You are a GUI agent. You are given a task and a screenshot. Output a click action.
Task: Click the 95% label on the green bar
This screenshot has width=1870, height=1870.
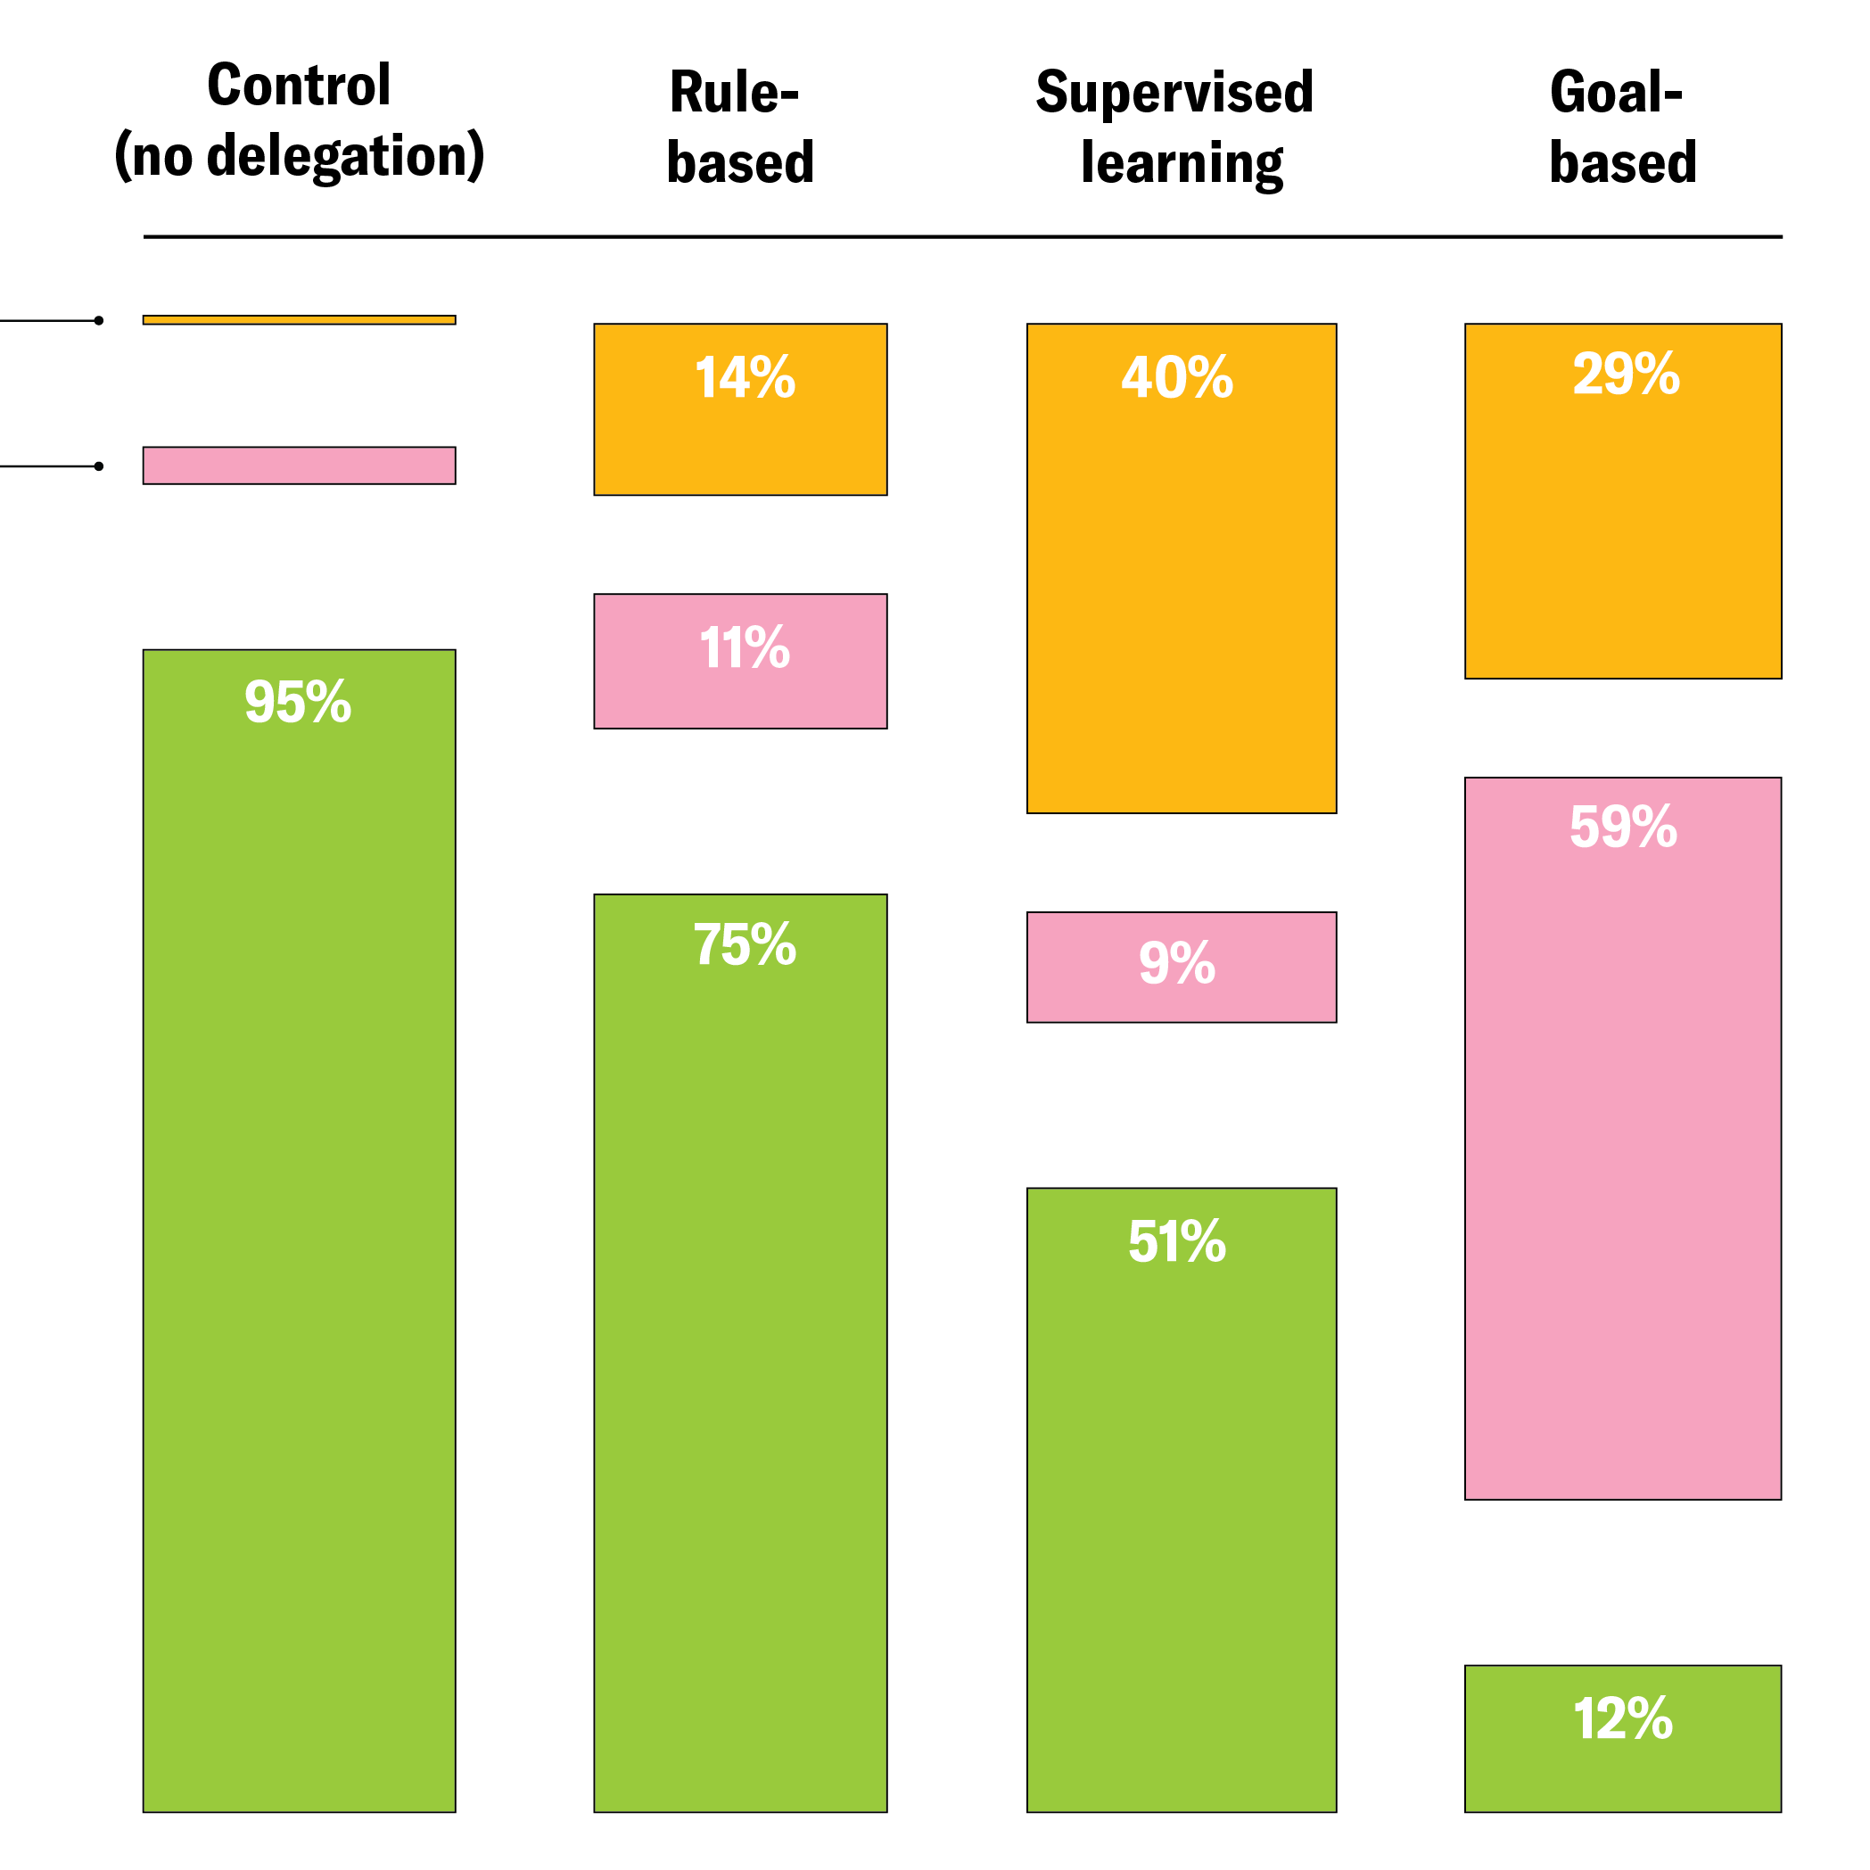click(297, 703)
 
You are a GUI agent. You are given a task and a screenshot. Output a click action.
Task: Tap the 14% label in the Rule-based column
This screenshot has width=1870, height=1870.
click(745, 377)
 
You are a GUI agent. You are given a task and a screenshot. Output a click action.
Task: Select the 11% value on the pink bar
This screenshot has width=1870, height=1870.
click(745, 647)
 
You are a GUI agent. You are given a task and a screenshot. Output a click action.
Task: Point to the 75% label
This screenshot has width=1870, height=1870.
click(745, 944)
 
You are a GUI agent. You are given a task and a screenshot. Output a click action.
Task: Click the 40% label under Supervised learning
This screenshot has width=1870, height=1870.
click(1177, 377)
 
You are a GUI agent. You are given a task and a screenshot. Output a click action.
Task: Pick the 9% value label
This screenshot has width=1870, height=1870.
click(1177, 963)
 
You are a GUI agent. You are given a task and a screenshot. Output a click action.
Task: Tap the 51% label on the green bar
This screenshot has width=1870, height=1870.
click(1177, 1242)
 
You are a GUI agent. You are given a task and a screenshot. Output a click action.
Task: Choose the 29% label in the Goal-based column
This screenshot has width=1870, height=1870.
click(1626, 375)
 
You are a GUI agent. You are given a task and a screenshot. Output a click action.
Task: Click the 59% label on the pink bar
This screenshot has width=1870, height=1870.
click(1623, 828)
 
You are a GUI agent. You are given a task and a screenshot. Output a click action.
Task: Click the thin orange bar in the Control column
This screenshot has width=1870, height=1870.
click(299, 320)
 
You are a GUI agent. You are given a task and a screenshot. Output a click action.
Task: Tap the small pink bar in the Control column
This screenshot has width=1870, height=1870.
click(299, 465)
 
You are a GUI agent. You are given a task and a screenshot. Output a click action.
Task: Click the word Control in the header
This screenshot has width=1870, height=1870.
click(299, 86)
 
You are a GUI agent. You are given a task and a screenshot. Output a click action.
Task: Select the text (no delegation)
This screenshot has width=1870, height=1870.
click(299, 156)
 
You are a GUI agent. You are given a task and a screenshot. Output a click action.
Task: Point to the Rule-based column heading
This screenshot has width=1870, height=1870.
click(740, 127)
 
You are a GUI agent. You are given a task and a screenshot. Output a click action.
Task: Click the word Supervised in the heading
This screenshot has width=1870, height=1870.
click(1174, 93)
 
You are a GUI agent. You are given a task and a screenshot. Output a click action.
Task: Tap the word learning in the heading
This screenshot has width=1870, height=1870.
click(1182, 162)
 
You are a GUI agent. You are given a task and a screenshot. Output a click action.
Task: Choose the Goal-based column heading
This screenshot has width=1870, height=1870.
click(1622, 127)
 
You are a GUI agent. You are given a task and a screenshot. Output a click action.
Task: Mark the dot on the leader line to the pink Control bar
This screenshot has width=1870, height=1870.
click(99, 466)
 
